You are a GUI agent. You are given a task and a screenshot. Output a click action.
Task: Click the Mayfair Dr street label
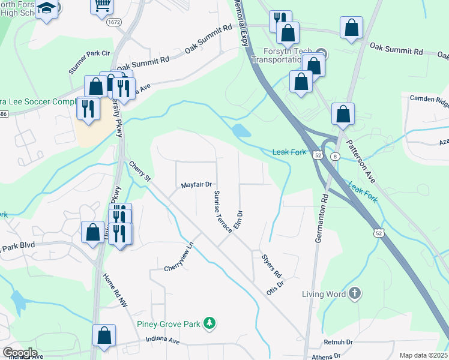(197, 185)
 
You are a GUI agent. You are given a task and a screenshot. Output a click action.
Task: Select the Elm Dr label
(238, 220)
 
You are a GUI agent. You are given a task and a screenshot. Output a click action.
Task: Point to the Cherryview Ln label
(180, 257)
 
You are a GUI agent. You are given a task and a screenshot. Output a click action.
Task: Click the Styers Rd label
(272, 265)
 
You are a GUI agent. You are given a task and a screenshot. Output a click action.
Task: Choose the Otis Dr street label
(275, 289)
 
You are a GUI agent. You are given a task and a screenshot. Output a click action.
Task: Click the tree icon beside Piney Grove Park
(209, 324)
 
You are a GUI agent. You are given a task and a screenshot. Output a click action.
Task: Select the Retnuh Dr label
(338, 341)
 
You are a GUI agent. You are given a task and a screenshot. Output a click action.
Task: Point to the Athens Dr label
(325, 356)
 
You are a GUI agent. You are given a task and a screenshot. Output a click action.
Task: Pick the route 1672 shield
(114, 22)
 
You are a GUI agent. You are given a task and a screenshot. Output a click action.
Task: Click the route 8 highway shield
(334, 155)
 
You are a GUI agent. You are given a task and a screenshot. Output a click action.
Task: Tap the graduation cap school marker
(46, 9)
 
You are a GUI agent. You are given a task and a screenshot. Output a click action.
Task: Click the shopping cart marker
(102, 5)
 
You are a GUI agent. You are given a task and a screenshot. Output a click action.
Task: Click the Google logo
(20, 352)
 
